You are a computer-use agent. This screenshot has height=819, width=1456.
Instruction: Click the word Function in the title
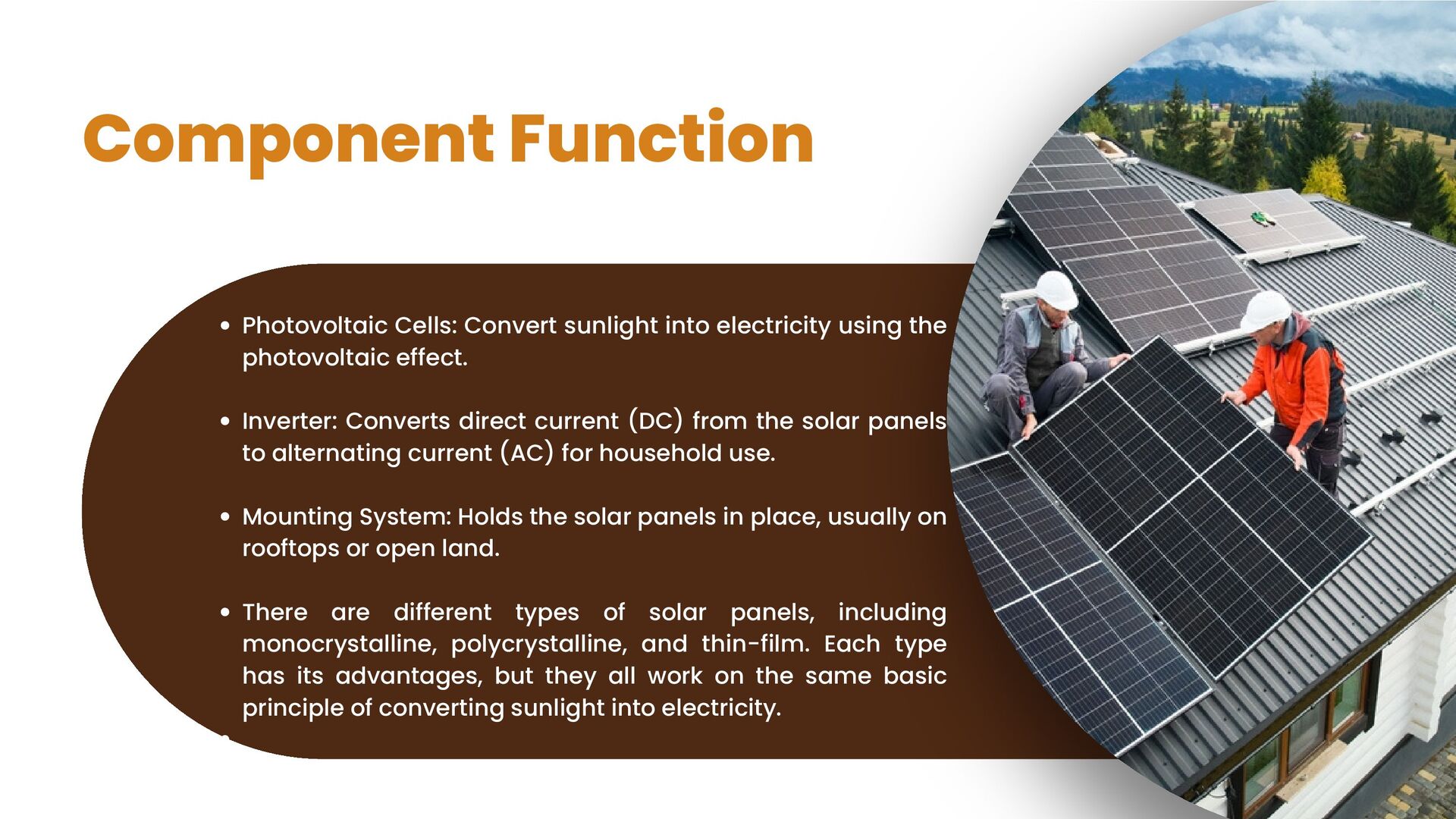tap(661, 139)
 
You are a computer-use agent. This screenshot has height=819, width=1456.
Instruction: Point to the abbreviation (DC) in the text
tap(656, 421)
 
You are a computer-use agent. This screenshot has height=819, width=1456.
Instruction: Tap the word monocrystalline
tap(339, 645)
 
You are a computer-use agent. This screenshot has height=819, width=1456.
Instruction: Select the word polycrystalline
tap(538, 645)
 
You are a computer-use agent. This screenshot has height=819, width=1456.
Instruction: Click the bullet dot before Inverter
tap(225, 421)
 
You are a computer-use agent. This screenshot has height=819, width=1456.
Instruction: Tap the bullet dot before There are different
tap(225, 612)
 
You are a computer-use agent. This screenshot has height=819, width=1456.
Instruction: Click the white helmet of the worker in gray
tap(1056, 290)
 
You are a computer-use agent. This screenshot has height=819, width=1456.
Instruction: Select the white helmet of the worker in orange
tap(1265, 309)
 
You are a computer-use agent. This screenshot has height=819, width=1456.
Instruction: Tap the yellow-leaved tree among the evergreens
tap(1325, 178)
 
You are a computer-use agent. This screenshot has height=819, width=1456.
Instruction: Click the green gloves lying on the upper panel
tap(1262, 219)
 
